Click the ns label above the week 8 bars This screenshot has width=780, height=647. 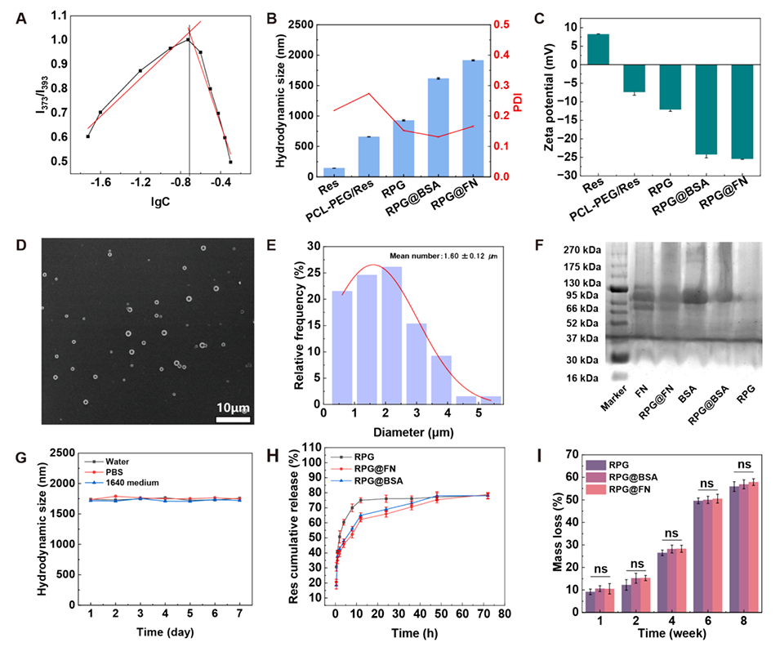(722, 464)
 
